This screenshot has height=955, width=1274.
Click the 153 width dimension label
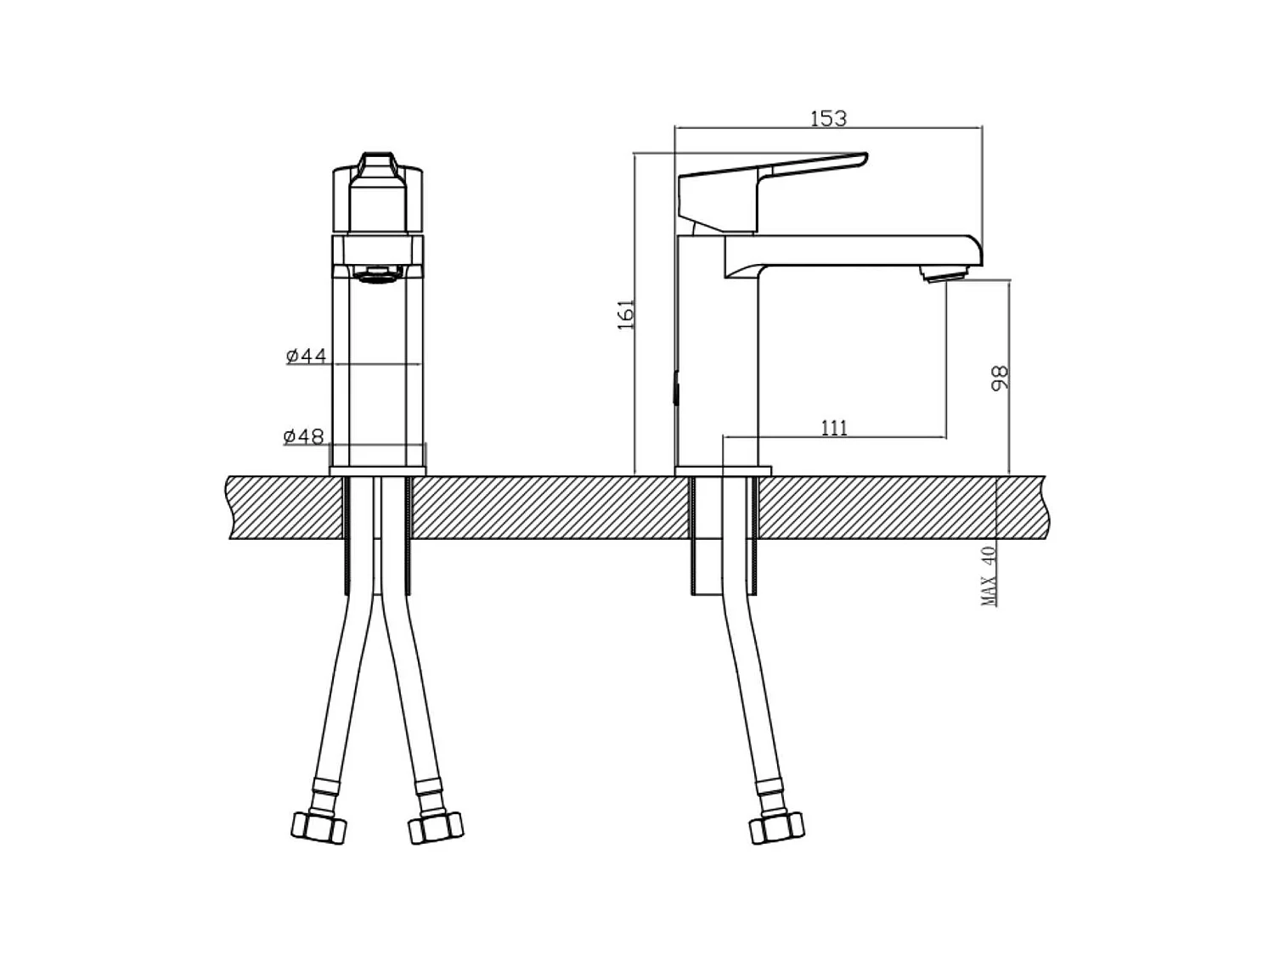828,118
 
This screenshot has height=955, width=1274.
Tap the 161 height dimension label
627,314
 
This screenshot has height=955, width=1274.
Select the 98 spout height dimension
1001,378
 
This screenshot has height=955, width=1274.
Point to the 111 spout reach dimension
834,427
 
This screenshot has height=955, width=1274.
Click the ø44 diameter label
306,355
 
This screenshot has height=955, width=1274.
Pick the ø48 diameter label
304,436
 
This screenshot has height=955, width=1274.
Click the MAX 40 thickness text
989,576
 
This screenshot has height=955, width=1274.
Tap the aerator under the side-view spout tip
944,274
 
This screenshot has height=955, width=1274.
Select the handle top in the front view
377,166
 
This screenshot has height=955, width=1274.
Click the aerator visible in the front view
377,274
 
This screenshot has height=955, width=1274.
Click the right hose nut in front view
436,826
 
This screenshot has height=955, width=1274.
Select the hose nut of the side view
776,826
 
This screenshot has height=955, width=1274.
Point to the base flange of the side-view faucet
723,471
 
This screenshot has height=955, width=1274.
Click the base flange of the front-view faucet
377,471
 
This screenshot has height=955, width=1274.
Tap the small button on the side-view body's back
676,391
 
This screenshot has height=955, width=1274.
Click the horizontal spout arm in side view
849,250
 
